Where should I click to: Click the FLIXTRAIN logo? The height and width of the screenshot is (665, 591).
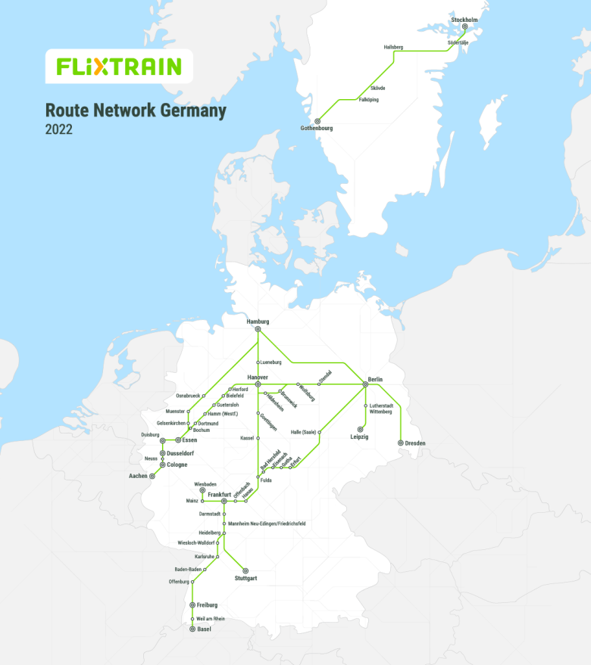119,67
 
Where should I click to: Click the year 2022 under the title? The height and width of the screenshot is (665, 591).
58,129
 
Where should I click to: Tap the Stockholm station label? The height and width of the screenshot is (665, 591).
464,20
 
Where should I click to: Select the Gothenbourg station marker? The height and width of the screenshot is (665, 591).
317,121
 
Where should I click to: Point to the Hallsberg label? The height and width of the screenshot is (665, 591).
393,47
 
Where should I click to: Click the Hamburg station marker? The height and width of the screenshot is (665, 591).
258,329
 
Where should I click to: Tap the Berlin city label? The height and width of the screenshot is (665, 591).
375,378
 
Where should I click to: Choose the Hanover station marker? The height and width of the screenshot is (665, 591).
258,384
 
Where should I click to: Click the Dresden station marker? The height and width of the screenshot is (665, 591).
400,443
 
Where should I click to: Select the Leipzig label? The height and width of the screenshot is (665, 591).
359,437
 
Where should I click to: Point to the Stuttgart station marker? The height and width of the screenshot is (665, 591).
245,570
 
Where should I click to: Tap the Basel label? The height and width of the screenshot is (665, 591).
204,629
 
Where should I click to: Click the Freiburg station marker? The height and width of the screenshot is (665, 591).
192,605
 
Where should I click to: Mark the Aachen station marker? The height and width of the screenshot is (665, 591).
152,477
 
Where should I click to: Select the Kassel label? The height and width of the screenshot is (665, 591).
247,438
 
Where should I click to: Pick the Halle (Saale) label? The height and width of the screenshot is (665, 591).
302,433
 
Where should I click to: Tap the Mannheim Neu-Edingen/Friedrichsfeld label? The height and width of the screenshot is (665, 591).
267,524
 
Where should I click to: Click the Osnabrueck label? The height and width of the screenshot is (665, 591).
188,396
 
